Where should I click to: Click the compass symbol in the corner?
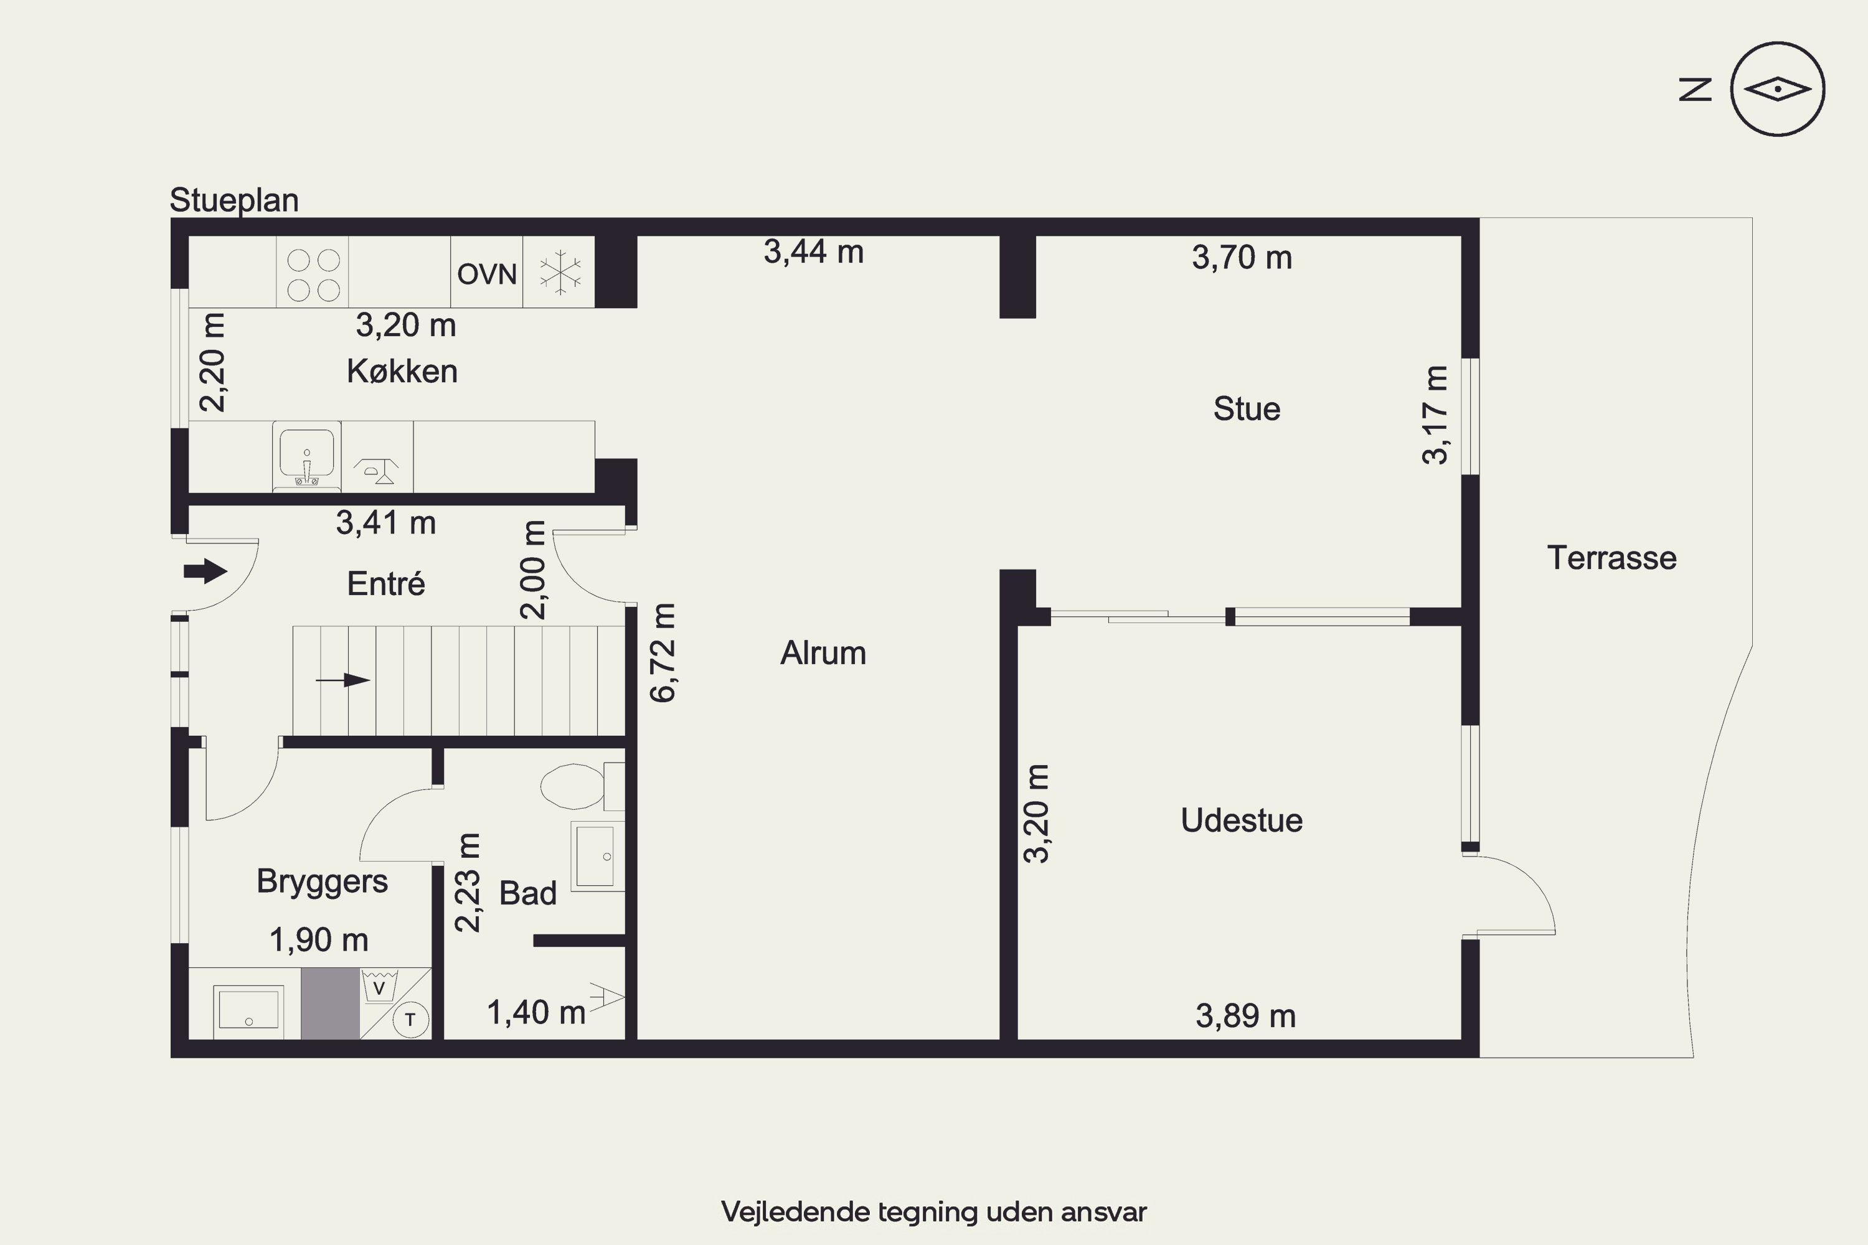point(1778,89)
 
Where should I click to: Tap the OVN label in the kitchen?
point(487,274)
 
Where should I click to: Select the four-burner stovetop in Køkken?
point(313,275)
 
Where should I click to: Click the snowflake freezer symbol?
point(560,273)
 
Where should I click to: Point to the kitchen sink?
point(306,456)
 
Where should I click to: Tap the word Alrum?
point(823,652)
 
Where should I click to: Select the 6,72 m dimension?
point(663,652)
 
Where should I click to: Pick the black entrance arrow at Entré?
point(205,571)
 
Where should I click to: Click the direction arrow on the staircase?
point(343,680)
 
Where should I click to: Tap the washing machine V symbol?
point(380,987)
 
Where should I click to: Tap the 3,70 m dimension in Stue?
point(1242,257)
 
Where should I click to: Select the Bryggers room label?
point(322,882)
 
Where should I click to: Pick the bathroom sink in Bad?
point(597,856)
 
